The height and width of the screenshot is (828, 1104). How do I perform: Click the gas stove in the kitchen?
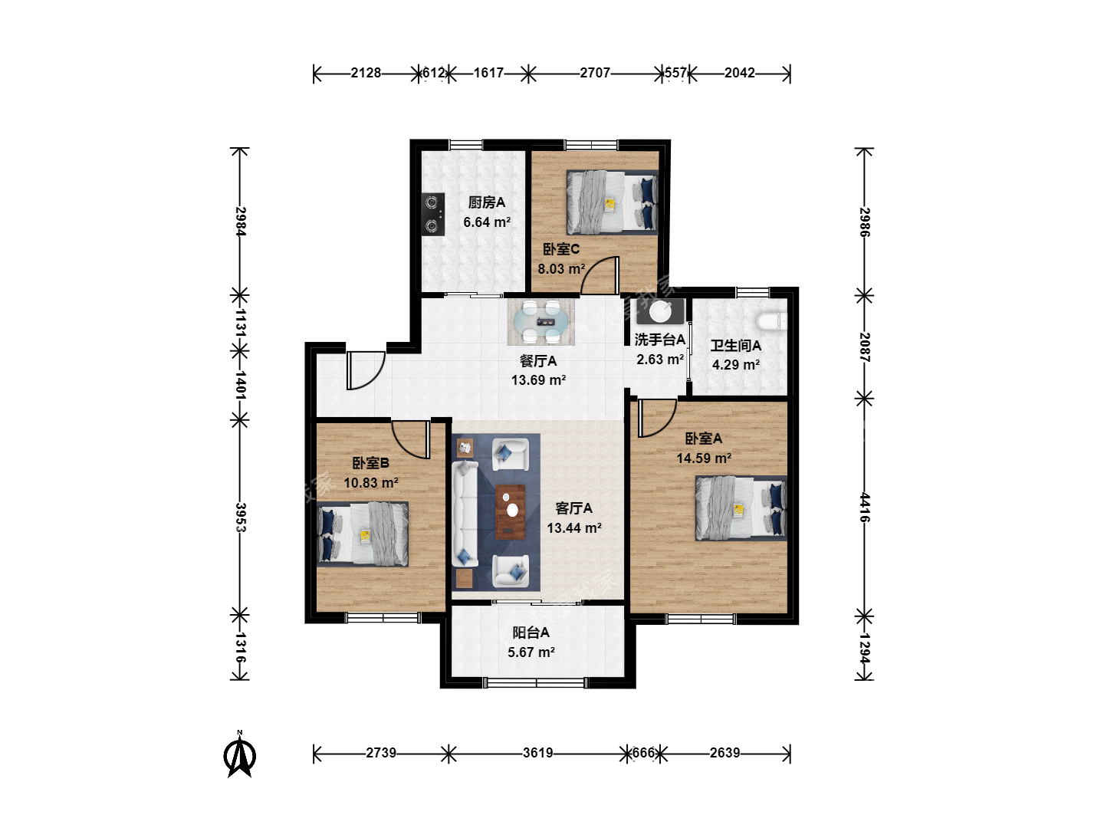pyautogui.click(x=433, y=214)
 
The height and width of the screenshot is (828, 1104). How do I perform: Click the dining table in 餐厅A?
pyautogui.click(x=540, y=322)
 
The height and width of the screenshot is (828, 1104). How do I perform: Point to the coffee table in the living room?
pyautogui.click(x=510, y=512)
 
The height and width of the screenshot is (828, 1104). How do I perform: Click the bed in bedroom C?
pyautogui.click(x=612, y=202)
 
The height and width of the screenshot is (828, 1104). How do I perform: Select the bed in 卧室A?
pyautogui.click(x=741, y=508)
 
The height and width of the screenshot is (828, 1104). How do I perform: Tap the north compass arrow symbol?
pyautogui.click(x=240, y=754)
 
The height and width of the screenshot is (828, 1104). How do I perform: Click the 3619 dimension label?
pyautogui.click(x=537, y=753)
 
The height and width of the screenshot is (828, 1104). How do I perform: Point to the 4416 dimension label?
pyautogui.click(x=864, y=508)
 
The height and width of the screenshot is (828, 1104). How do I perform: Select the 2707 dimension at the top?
pyautogui.click(x=595, y=73)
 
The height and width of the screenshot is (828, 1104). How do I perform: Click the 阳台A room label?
pyautogui.click(x=531, y=632)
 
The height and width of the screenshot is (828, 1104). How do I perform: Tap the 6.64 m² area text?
pyautogui.click(x=487, y=222)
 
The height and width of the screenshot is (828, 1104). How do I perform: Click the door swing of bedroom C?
pyautogui.click(x=600, y=275)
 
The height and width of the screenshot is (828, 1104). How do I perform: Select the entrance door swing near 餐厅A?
pyautogui.click(x=366, y=370)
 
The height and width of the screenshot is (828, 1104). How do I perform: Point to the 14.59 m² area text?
pyautogui.click(x=704, y=458)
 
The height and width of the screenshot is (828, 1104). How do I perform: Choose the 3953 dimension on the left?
pyautogui.click(x=240, y=517)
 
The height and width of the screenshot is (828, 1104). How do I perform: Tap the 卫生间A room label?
pyautogui.click(x=735, y=345)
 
